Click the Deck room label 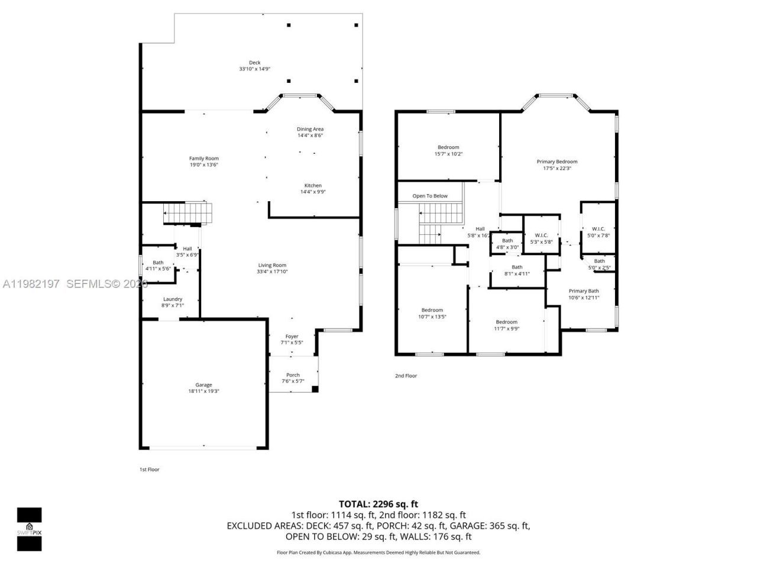coord(254,63)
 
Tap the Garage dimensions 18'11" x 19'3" coord(204,392)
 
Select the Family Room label coord(204,158)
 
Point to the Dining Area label coord(310,129)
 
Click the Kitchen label coord(313,185)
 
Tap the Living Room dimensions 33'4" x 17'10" coord(272,272)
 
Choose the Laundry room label coord(173,299)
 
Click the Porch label coord(293,375)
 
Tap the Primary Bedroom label coord(557,162)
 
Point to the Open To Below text coord(430,196)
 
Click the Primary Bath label coord(584,291)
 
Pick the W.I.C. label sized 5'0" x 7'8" coord(599,228)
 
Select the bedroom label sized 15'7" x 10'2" coord(448,147)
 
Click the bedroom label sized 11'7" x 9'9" coord(507,322)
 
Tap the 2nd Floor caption coord(406,376)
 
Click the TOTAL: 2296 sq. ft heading coord(378,504)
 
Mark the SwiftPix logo coord(29,529)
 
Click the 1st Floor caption coord(149,470)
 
